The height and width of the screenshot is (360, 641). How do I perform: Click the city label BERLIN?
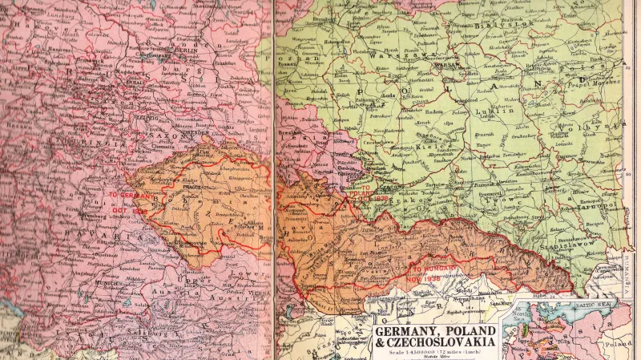coord(185,49)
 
